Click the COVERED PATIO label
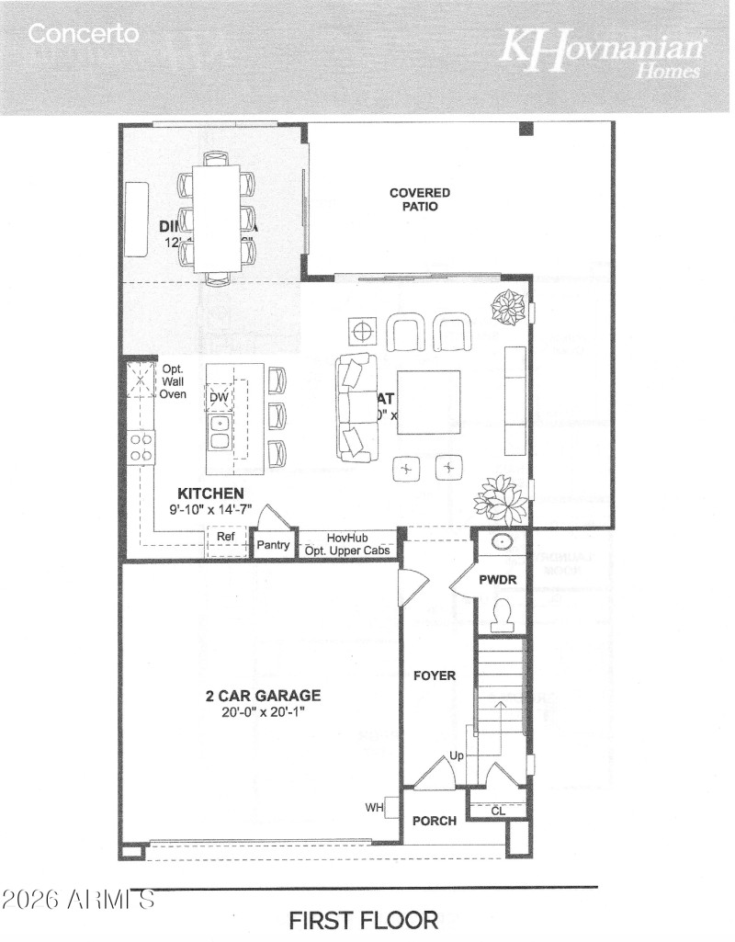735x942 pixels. [420, 199]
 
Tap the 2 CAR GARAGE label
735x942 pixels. [262, 696]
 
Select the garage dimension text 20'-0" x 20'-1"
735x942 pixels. [262, 711]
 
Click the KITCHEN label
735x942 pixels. [210, 494]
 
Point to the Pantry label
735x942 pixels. [273, 545]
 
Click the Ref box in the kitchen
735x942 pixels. [226, 537]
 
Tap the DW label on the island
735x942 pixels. [218, 397]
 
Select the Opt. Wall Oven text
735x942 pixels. [174, 381]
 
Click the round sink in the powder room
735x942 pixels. [502, 542]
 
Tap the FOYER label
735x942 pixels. [434, 675]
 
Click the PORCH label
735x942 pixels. [434, 821]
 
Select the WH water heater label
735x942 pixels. [374, 808]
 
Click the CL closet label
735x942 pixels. [498, 811]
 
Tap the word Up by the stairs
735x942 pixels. [457, 755]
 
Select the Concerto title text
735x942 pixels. [84, 35]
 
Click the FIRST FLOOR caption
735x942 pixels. [364, 919]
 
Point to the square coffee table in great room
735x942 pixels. [429, 403]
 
